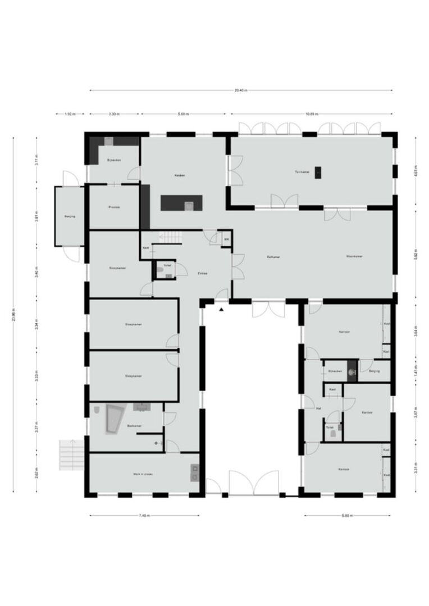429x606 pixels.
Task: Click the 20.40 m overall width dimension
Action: coord(241,90)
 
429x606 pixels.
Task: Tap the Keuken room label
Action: coord(180,175)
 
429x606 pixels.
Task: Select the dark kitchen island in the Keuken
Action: coord(181,203)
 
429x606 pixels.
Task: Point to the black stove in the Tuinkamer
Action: coord(319,172)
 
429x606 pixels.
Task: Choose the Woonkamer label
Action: coord(354,256)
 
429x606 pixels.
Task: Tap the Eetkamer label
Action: coord(273,256)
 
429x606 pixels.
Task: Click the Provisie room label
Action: coord(115,207)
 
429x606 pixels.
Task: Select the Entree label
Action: coord(203,273)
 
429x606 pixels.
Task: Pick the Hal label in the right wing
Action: coord(318,408)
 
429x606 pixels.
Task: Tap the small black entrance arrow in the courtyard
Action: coord(222,309)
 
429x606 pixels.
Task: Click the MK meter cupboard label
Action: coord(226,240)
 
